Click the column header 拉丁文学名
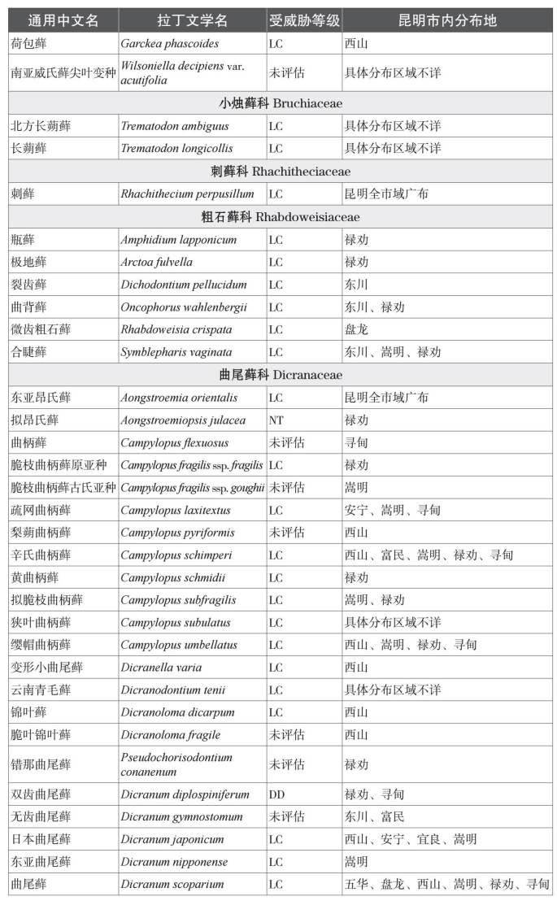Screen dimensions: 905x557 click(x=193, y=20)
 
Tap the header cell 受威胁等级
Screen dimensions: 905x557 click(x=303, y=20)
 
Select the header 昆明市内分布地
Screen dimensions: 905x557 click(x=447, y=20)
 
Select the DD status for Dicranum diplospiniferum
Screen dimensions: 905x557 click(x=276, y=794)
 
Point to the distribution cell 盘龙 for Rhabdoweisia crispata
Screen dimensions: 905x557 click(x=356, y=329)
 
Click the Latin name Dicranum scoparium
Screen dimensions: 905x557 click(x=172, y=884)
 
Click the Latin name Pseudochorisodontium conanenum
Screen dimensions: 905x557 click(x=176, y=764)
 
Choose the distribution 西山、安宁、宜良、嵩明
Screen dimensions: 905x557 click(x=411, y=839)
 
